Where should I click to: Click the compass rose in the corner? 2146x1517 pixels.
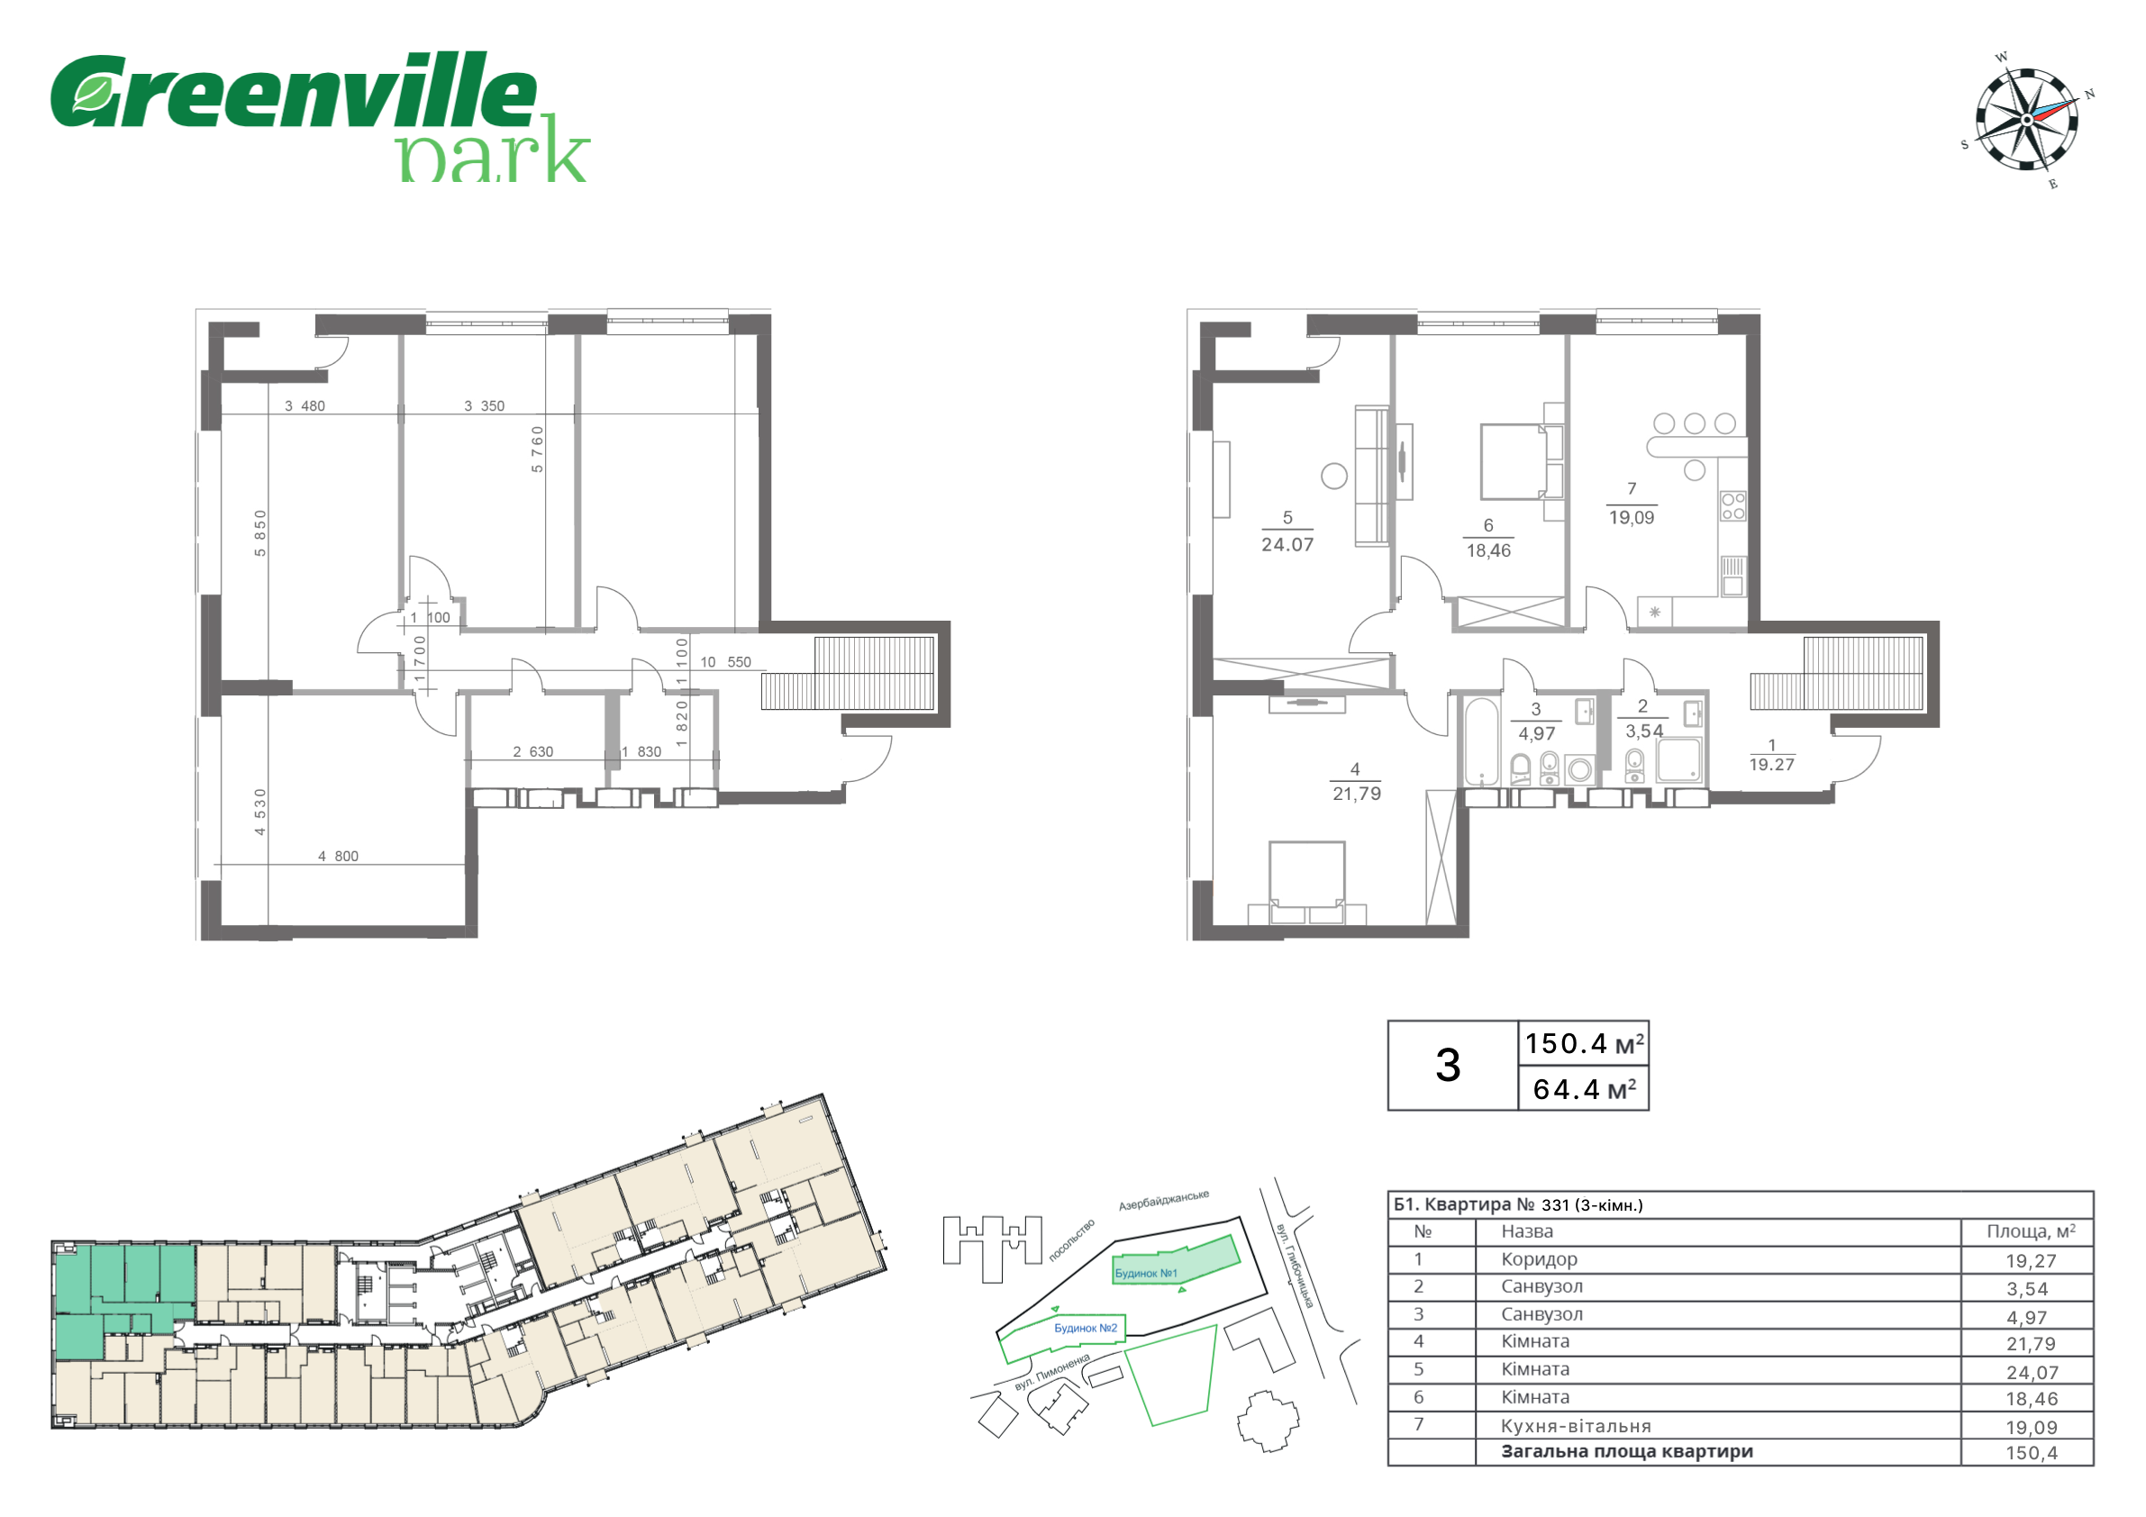[2026, 120]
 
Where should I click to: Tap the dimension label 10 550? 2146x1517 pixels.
[725, 662]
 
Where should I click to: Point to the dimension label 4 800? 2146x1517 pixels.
[338, 856]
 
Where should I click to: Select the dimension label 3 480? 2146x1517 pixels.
[305, 405]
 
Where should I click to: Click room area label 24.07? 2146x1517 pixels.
[1287, 545]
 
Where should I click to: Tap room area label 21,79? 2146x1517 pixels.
[1356, 794]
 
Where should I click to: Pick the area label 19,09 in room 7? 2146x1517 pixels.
[1631, 518]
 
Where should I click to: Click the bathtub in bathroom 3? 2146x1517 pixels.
[1480, 740]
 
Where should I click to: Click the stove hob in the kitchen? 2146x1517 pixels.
[1732, 505]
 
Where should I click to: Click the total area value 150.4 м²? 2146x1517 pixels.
[1584, 1043]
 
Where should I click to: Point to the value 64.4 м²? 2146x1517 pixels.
[1584, 1089]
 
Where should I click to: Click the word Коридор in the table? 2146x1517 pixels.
[1539, 1259]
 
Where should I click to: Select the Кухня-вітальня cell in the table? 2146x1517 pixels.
[1576, 1426]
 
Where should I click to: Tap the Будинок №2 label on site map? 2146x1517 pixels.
[1085, 1328]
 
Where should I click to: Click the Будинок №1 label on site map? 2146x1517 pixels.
[1146, 1273]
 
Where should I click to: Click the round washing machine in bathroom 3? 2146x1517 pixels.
[1579, 770]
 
